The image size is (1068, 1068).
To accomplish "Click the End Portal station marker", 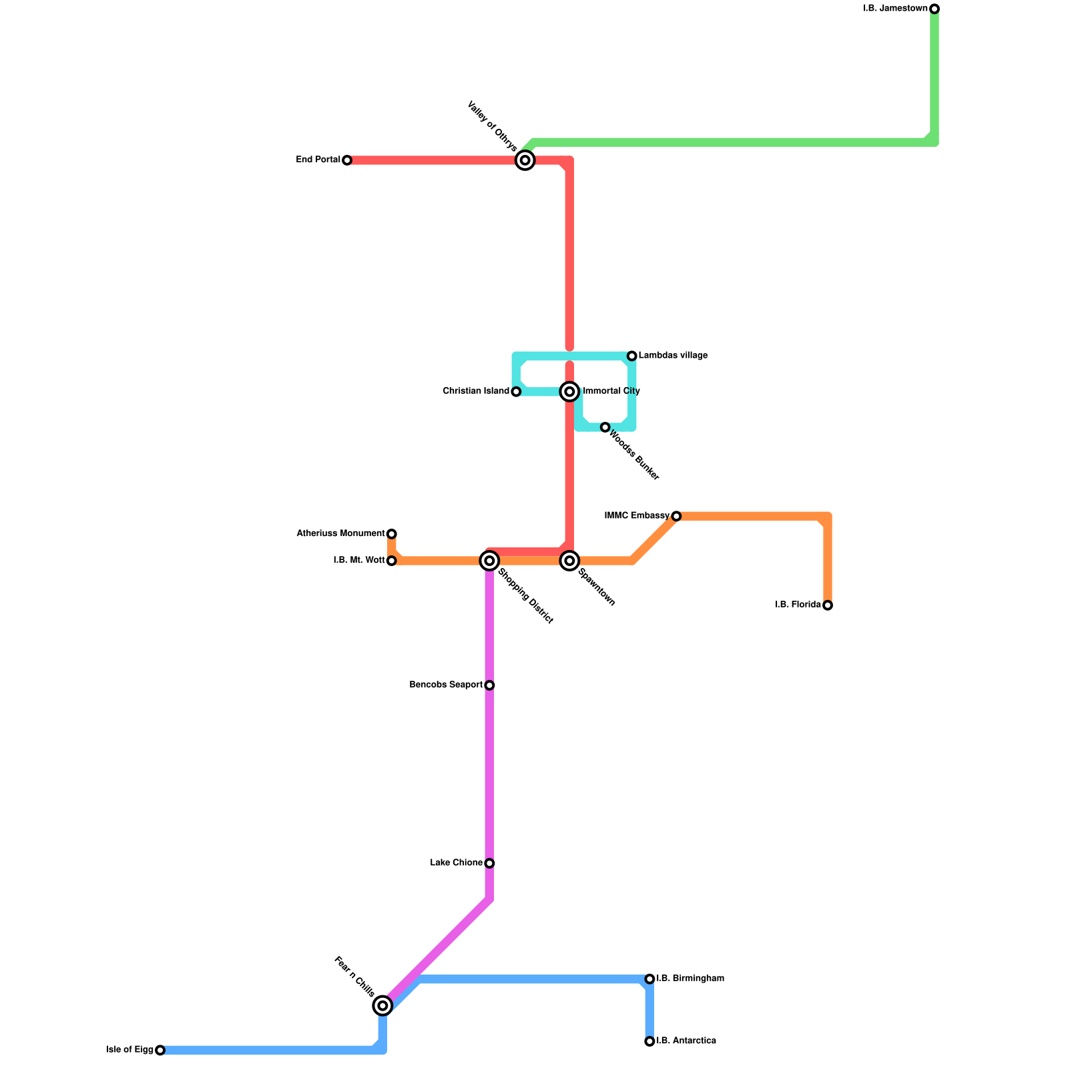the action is point(347,160).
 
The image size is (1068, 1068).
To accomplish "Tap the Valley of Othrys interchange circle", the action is point(525,160).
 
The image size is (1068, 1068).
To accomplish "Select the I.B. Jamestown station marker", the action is point(934,9).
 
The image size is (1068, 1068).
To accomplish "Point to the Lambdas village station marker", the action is point(632,356).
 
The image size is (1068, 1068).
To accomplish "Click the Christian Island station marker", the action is point(516,392).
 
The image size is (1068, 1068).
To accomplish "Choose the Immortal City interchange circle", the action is point(569,391).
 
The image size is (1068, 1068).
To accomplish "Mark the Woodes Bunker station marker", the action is point(605,427).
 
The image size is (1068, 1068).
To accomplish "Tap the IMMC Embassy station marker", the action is point(676,516).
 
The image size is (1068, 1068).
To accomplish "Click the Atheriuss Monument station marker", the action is point(392,534).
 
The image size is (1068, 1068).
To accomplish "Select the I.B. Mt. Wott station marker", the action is point(392,561).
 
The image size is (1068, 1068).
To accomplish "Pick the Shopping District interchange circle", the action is point(489,561).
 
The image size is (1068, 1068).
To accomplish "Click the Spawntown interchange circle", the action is point(569,561).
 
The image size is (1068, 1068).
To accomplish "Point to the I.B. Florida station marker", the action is point(828,605).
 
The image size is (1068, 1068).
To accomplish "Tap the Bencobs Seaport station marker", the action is point(489,686).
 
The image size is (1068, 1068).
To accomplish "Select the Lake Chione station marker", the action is point(489,863).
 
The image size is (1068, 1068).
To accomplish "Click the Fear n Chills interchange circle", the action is point(382,1005).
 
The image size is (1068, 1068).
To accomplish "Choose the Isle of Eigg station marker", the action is point(160,1050).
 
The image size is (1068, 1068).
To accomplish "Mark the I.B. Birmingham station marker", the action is point(649,979).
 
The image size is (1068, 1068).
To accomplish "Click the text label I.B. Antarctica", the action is point(686,1041).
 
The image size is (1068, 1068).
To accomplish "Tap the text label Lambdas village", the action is point(673,356).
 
